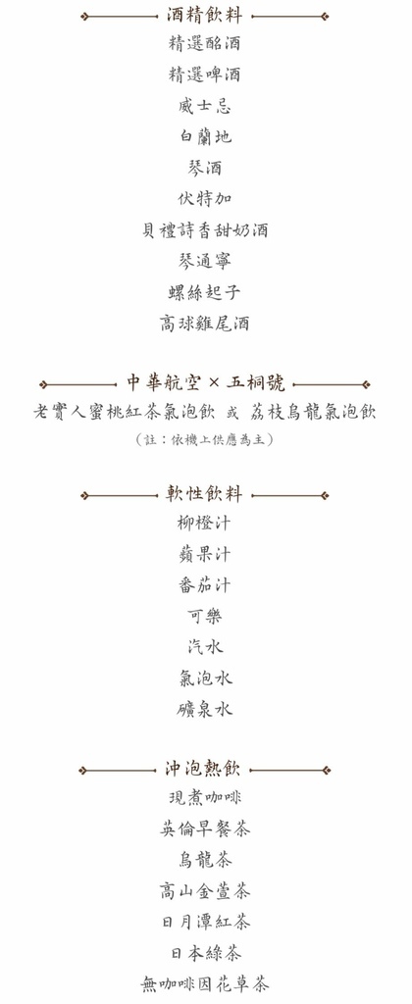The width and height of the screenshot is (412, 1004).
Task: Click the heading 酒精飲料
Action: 204,16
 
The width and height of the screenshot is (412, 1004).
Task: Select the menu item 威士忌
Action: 204,105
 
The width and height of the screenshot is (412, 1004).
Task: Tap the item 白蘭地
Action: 204,136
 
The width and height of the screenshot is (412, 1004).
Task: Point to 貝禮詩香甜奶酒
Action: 204,229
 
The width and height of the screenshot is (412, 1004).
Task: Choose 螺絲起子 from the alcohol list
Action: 204,292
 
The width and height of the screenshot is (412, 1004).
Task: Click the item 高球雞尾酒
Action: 204,324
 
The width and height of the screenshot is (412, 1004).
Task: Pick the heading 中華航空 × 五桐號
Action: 205,384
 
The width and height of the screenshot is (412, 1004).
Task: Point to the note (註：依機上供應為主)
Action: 204,439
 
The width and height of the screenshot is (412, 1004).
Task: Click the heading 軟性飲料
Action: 204,495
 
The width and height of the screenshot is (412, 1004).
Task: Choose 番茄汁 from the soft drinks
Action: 204,585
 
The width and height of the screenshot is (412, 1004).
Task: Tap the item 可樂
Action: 204,616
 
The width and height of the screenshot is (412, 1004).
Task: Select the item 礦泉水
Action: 204,709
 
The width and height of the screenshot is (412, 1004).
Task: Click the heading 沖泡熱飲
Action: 204,770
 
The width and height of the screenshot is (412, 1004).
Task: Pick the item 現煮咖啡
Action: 204,798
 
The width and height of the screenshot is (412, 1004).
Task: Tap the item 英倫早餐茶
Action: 204,829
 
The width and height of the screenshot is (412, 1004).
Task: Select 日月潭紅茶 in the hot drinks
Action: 204,922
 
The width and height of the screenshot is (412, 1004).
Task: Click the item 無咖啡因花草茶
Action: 204,983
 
